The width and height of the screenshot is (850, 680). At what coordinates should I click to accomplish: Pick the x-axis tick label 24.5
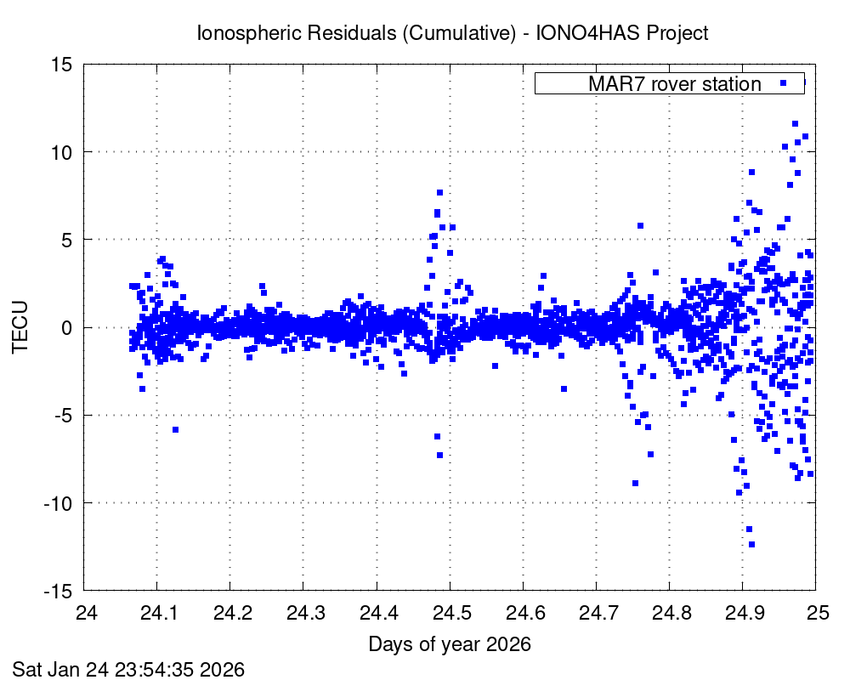coord(449,614)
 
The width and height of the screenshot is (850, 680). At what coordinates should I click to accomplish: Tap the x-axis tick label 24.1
coord(156,614)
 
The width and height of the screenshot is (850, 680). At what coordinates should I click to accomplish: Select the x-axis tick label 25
coord(816,614)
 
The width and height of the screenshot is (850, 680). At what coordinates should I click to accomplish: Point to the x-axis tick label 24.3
coord(303,614)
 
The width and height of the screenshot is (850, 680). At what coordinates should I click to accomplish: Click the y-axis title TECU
coord(20,327)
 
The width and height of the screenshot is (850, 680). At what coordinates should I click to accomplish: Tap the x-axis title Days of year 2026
coord(450,644)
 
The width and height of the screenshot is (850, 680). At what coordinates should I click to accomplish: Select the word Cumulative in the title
coord(456,34)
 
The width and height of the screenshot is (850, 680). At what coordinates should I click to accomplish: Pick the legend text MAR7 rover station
coord(675,84)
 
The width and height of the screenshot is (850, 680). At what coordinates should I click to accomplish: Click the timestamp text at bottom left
coord(128,669)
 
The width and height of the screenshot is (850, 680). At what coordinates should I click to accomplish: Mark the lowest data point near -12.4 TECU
coord(751,544)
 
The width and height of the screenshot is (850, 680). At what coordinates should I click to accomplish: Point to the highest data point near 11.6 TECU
coord(796,123)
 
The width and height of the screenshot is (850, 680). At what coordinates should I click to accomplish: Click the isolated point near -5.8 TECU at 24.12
coord(175,429)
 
